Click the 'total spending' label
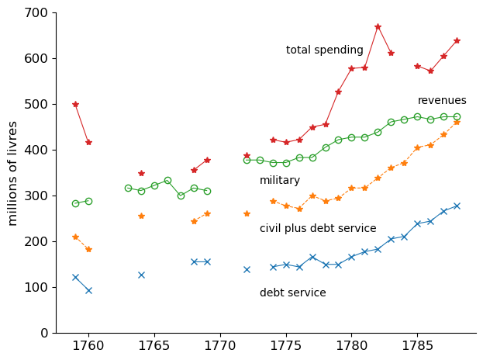click(324, 50)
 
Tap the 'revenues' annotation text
click(442, 101)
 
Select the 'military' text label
click(280, 181)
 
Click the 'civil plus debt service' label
click(318, 229)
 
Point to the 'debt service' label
click(293, 293)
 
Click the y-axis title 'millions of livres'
click(13, 173)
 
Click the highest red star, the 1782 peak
click(378, 26)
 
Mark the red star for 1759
click(75, 104)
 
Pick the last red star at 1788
click(457, 40)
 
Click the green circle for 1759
click(75, 203)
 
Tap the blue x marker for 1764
click(141, 275)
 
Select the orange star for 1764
click(141, 216)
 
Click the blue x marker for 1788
click(457, 206)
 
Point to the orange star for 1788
click(457, 122)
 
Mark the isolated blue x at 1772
click(247, 269)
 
